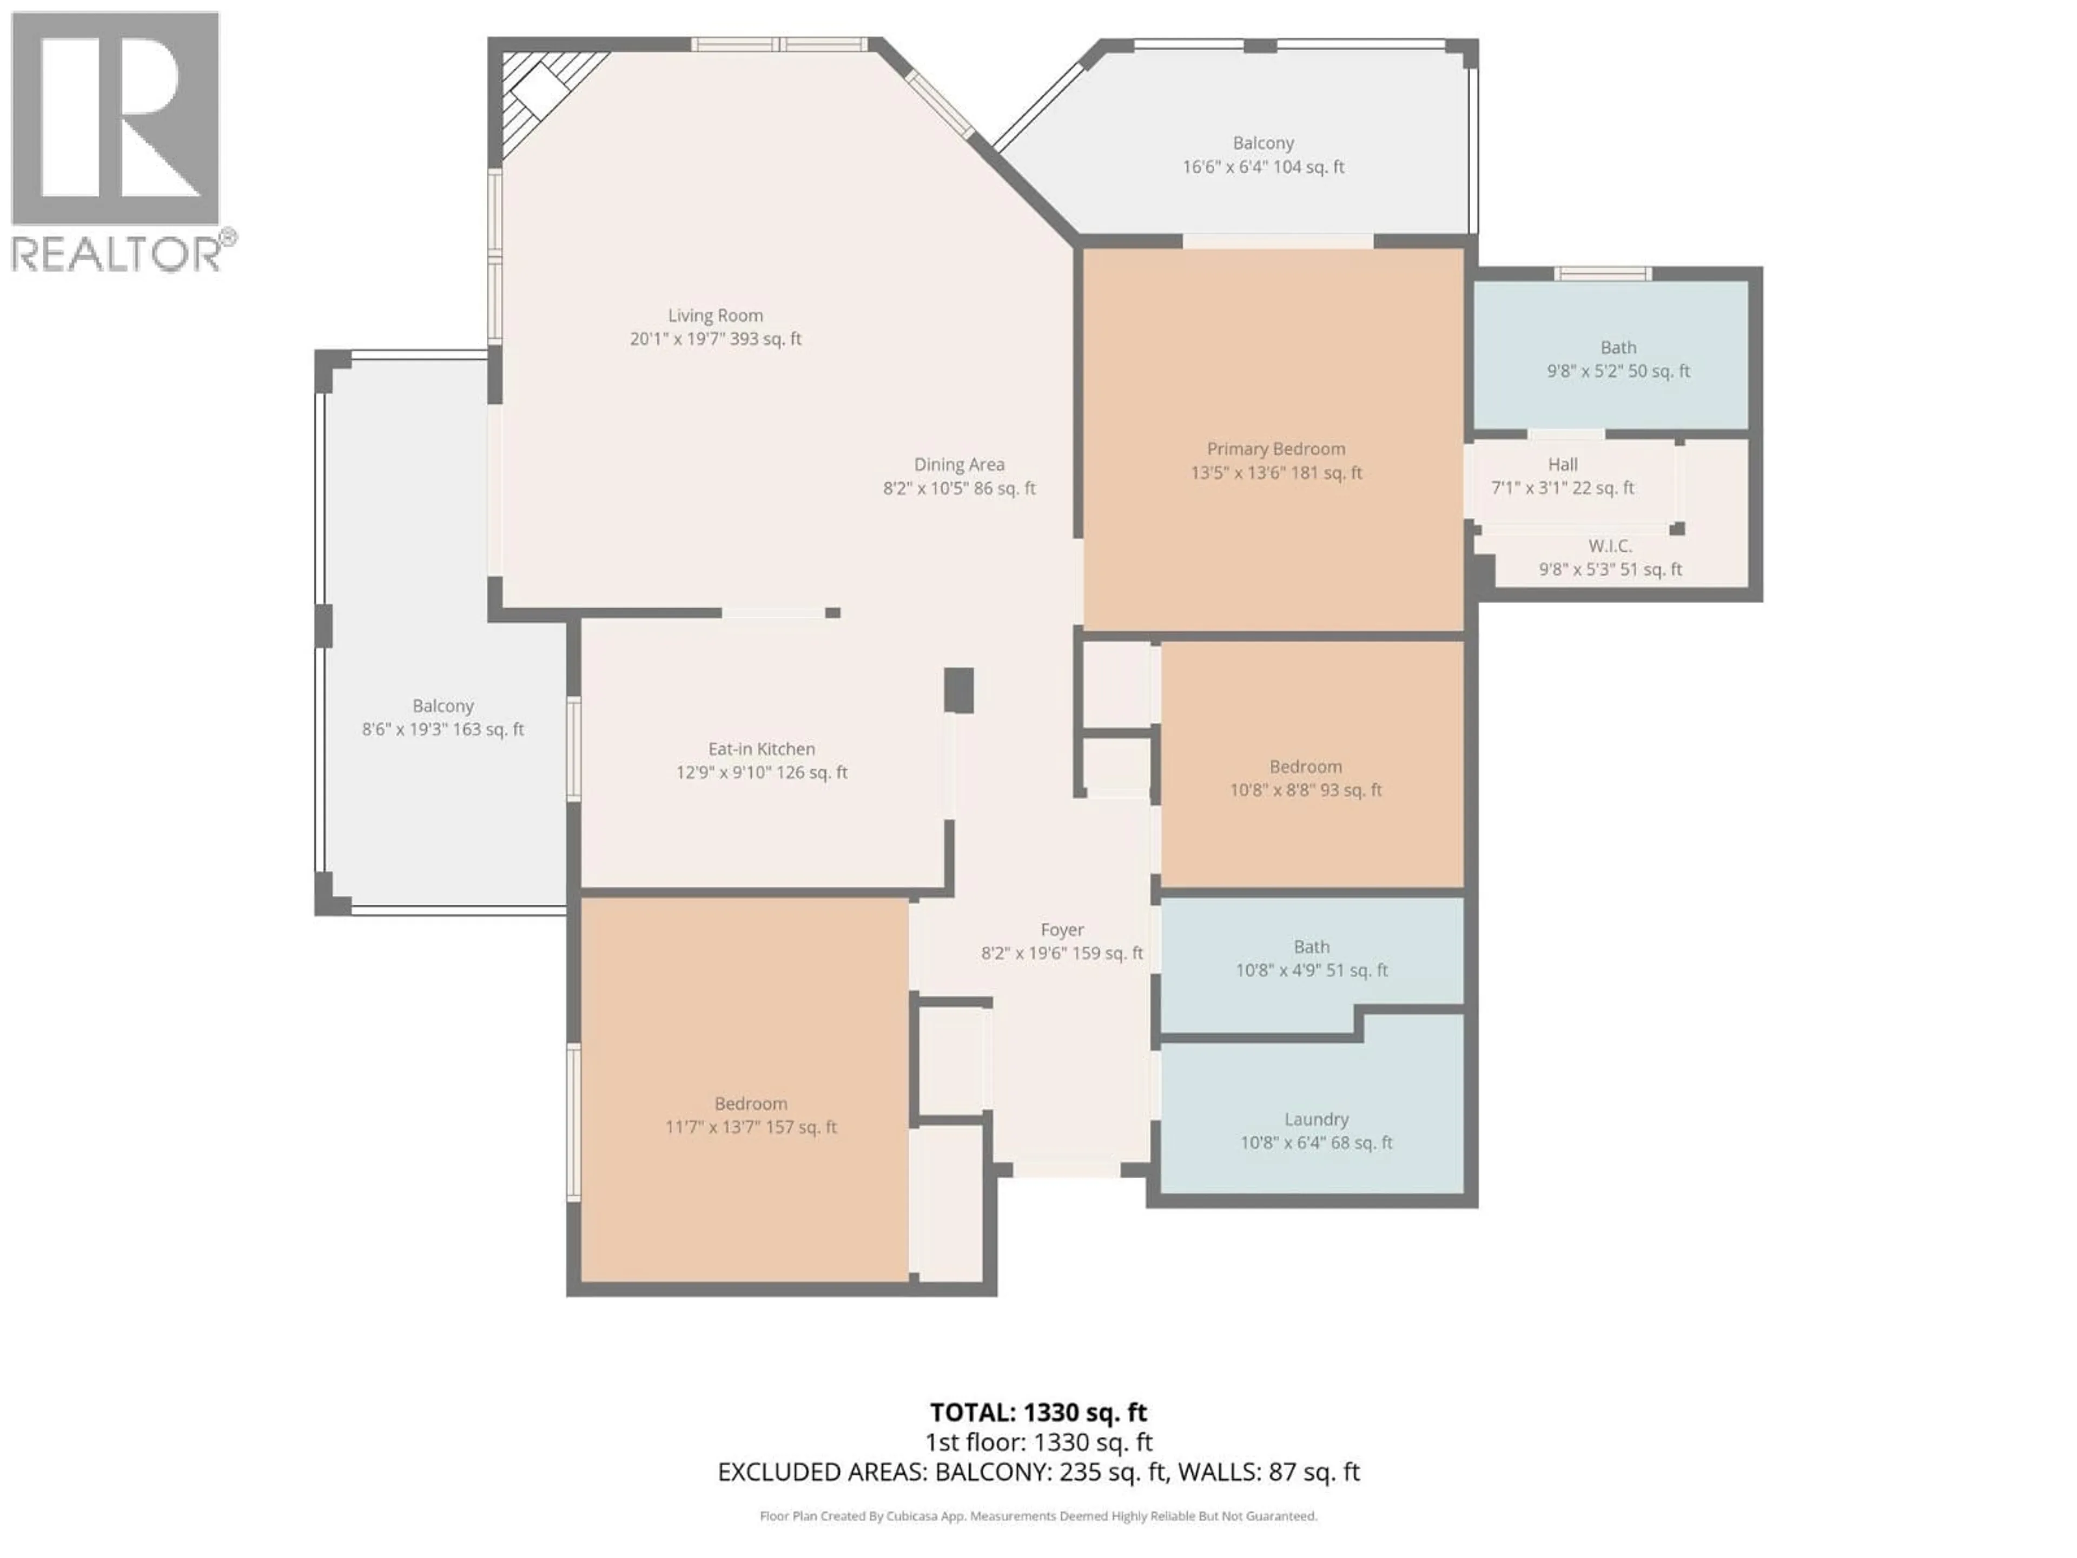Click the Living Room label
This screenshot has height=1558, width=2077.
[x=716, y=315]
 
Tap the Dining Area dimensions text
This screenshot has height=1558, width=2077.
[x=958, y=488]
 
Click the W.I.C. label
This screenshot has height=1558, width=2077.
[x=1609, y=546]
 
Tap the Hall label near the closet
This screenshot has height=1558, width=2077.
[x=1563, y=464]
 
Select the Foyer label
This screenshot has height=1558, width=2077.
[x=1062, y=930]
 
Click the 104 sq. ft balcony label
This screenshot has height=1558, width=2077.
[x=1263, y=155]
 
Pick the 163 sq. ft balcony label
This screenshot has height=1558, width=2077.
[x=442, y=717]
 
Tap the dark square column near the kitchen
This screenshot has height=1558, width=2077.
[x=958, y=690]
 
